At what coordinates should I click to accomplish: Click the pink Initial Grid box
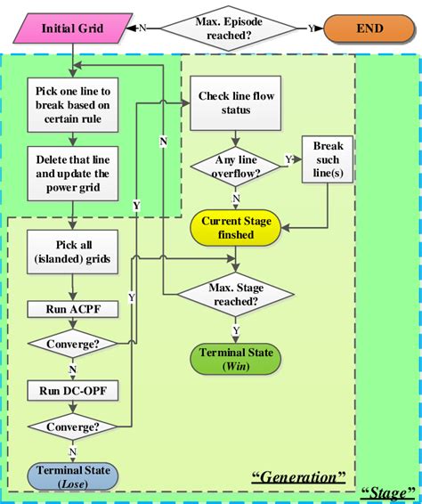(x=71, y=28)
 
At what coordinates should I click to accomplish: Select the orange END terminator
(x=368, y=28)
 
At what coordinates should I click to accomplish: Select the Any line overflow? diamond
(x=233, y=167)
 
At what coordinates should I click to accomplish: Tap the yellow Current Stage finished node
(x=236, y=228)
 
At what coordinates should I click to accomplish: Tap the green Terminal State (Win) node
(x=236, y=360)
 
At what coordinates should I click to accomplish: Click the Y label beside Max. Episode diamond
(x=312, y=28)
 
